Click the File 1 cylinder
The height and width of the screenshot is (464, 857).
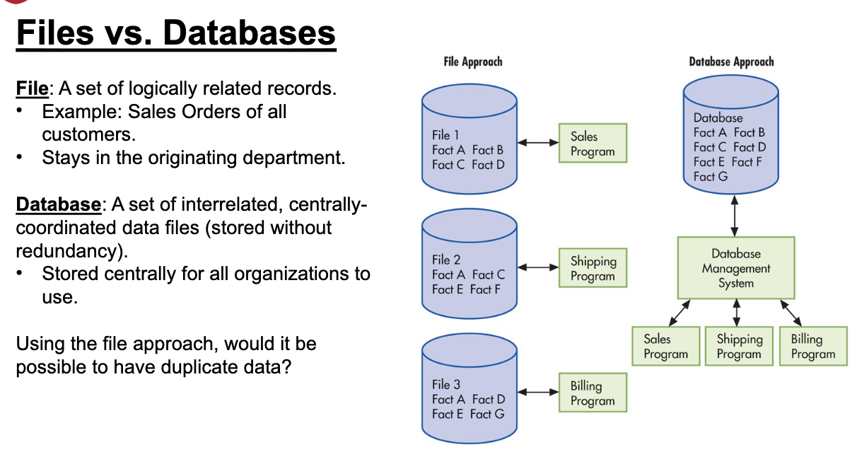click(470, 139)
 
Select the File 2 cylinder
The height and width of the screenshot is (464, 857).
click(470, 264)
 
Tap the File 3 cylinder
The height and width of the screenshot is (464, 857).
click(470, 388)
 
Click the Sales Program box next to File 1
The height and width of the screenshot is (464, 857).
click(593, 143)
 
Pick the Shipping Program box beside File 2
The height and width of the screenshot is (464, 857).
click(593, 267)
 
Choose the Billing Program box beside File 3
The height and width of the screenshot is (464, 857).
click(593, 393)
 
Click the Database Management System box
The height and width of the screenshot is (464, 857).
click(736, 268)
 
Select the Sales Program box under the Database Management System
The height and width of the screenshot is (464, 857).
click(665, 346)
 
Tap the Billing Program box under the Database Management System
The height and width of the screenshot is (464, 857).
click(813, 346)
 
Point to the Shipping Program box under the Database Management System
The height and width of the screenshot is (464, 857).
click(739, 346)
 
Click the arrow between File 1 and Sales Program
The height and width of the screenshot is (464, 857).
click(538, 143)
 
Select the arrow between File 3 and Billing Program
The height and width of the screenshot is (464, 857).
click(538, 392)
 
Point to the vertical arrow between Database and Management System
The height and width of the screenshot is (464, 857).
click(735, 216)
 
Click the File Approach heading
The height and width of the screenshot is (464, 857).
click(473, 62)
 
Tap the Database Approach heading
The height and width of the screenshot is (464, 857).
click(732, 62)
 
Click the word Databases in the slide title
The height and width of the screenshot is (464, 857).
click(250, 33)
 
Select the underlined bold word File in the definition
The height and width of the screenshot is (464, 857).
click(32, 88)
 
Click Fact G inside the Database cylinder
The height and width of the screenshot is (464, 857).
click(711, 177)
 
